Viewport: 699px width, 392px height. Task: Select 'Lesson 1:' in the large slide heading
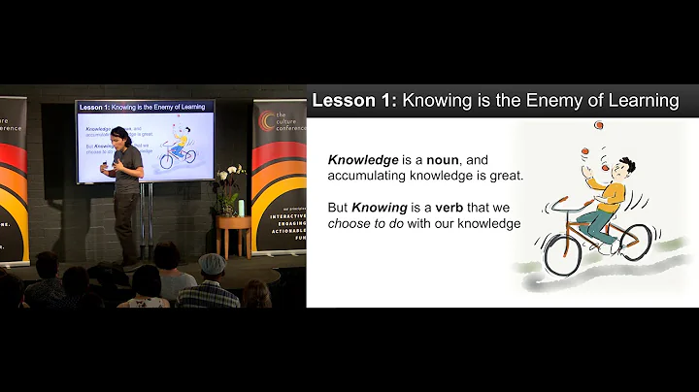(351, 99)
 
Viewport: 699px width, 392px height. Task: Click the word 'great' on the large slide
(503, 176)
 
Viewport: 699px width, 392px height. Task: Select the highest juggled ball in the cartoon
(599, 124)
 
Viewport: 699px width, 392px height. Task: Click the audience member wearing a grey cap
(210, 264)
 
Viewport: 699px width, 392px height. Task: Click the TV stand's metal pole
(149, 218)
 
